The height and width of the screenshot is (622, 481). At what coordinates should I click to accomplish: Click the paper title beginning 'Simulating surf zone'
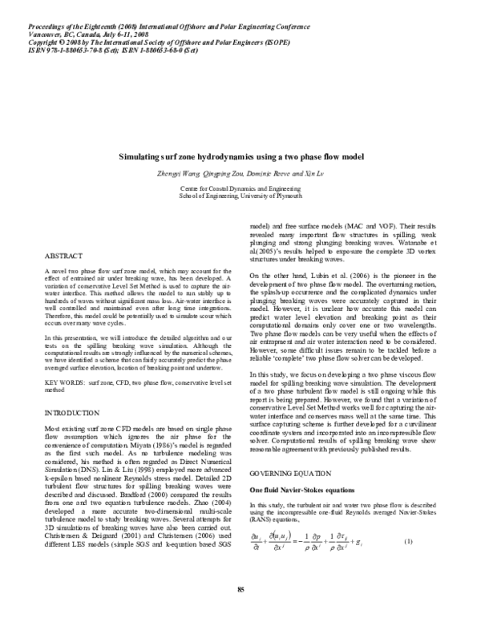point(240,160)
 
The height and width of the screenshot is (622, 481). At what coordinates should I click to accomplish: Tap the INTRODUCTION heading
point(75,434)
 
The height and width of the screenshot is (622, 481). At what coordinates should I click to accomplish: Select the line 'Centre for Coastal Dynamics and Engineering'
point(240,187)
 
